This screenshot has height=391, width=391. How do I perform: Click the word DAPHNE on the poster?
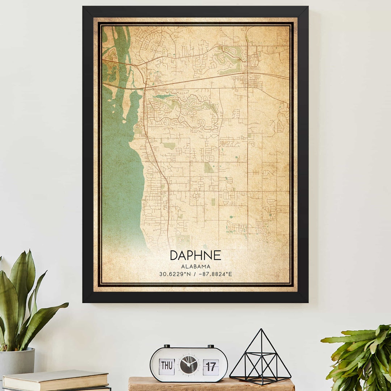point(195,256)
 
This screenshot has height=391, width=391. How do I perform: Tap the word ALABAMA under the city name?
point(195,266)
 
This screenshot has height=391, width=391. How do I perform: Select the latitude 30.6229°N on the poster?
point(175,274)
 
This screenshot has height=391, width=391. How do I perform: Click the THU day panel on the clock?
point(167,366)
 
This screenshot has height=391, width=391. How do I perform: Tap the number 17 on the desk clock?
point(211,366)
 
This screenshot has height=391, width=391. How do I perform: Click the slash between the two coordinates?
point(194,274)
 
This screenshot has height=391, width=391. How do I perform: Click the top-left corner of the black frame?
point(84,7)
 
